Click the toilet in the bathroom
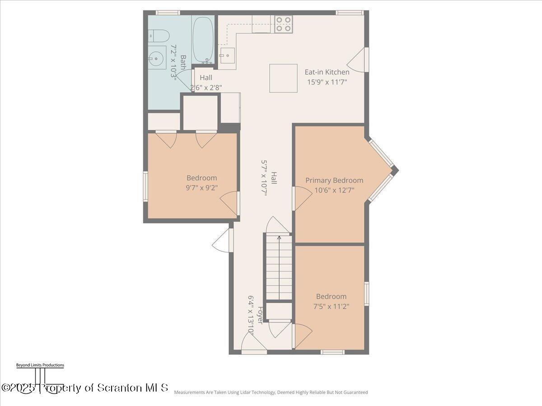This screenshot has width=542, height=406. pyautogui.click(x=159, y=36)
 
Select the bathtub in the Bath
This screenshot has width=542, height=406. pyautogui.click(x=203, y=40)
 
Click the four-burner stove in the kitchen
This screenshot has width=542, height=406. pyautogui.click(x=284, y=24)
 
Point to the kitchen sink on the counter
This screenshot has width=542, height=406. pyautogui.click(x=227, y=55)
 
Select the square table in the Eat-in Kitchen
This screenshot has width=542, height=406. pyautogui.click(x=283, y=78)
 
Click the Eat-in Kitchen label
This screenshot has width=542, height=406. pyautogui.click(x=327, y=72)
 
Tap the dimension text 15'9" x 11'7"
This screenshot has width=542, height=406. pyautogui.click(x=327, y=82)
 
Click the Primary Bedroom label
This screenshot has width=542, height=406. pyautogui.click(x=334, y=180)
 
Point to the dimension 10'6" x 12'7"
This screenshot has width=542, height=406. pyautogui.click(x=334, y=190)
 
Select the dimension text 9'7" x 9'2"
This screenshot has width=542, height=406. pyautogui.click(x=202, y=188)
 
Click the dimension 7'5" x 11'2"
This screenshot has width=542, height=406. pyautogui.click(x=331, y=306)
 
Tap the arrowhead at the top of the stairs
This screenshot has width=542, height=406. pyautogui.click(x=279, y=238)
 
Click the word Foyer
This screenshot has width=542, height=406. pyautogui.click(x=260, y=315)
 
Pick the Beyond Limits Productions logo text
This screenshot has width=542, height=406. pyautogui.click(x=40, y=365)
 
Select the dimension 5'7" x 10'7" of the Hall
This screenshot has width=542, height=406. pyautogui.click(x=264, y=178)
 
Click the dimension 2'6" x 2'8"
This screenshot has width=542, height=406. pyautogui.click(x=206, y=88)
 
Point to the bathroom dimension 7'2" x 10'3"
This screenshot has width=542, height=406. pyautogui.click(x=174, y=62)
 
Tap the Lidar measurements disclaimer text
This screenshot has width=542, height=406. pyautogui.click(x=271, y=392)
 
